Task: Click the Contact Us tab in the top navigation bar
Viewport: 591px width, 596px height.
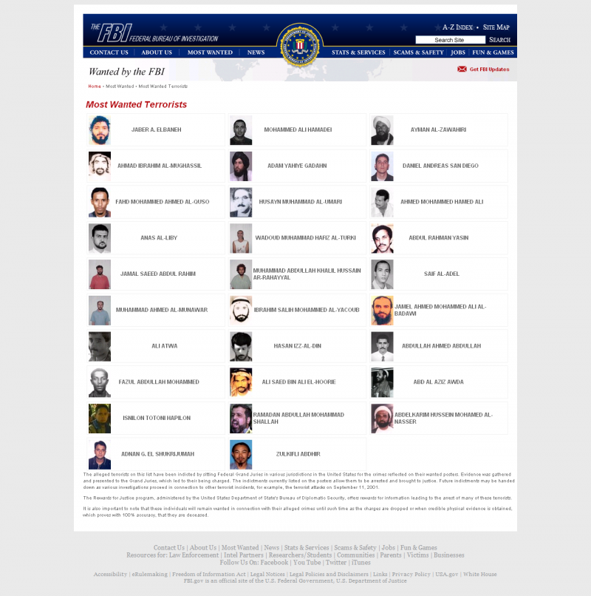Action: pyautogui.click(x=109, y=53)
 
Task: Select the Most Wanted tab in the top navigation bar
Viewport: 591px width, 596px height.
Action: pyautogui.click(x=210, y=53)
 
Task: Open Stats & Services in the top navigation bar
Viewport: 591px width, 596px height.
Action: pyautogui.click(x=358, y=53)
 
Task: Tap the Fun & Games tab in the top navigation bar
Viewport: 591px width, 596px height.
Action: pyautogui.click(x=493, y=53)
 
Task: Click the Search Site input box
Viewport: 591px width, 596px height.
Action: pyautogui.click(x=450, y=40)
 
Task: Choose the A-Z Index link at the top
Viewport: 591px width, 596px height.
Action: pyautogui.click(x=457, y=27)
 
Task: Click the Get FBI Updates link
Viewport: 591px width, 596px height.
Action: pyautogui.click(x=489, y=70)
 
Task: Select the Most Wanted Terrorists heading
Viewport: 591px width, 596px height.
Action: pyautogui.click(x=136, y=104)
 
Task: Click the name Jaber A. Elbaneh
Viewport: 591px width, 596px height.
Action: pyautogui.click(x=156, y=129)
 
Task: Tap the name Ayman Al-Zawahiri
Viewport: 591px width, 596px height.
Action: pyautogui.click(x=438, y=129)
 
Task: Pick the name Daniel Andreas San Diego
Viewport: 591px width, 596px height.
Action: pyautogui.click(x=440, y=166)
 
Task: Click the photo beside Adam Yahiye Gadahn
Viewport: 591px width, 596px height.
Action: pyautogui.click(x=241, y=166)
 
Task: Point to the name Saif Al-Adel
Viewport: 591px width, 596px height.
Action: pyautogui.click(x=441, y=274)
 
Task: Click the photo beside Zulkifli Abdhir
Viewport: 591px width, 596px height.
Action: pyautogui.click(x=241, y=454)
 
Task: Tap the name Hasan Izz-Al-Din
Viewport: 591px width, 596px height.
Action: pyautogui.click(x=298, y=345)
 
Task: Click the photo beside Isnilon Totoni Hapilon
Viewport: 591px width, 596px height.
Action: pyautogui.click(x=100, y=418)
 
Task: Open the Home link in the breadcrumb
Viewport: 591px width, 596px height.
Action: pyautogui.click(x=95, y=87)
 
